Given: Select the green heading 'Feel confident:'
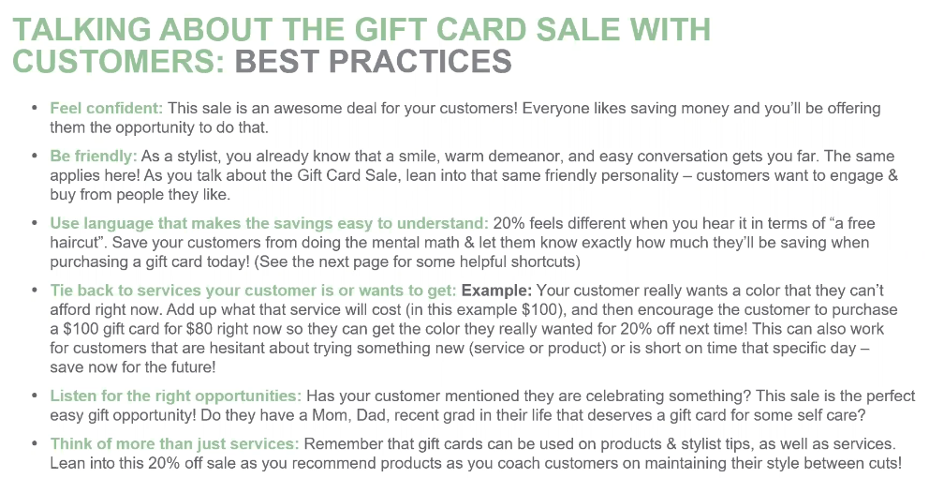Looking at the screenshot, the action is [106, 109].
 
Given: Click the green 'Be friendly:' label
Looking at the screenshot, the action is [93, 157].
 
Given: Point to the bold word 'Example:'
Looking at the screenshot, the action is [497, 291].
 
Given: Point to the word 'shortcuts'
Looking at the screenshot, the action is [543, 261].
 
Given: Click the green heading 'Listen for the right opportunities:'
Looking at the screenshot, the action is [176, 396].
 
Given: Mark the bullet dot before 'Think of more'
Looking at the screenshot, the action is [36, 444].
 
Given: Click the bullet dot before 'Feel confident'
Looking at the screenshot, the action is [36, 109].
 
